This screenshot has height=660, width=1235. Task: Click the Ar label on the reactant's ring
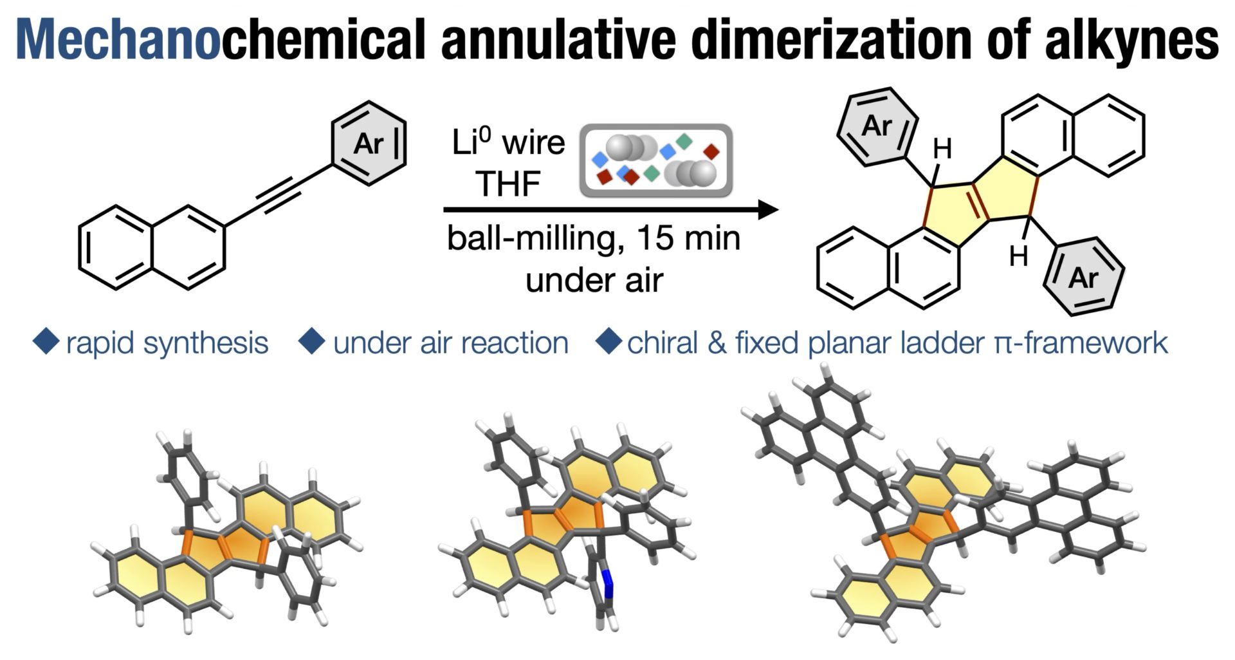click(x=368, y=143)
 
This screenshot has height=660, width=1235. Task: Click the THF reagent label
click(x=508, y=184)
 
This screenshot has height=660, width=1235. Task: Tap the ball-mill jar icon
click(x=656, y=161)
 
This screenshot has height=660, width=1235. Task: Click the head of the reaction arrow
click(x=768, y=210)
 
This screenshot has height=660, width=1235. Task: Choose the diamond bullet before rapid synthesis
click(x=46, y=342)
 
